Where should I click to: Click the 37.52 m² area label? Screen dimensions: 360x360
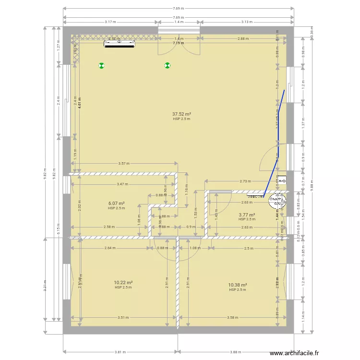(181, 114)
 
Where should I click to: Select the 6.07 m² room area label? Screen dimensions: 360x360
(117, 204)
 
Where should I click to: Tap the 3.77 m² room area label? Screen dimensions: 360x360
(247, 215)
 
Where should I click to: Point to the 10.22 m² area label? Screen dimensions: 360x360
(123, 283)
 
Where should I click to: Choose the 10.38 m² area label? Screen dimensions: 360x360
(237, 285)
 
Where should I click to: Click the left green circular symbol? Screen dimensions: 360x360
(101, 66)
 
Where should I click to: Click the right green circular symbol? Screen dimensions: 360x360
(168, 66)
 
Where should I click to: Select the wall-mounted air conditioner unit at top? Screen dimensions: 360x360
(120, 45)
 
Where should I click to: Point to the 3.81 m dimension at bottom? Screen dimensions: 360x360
(120, 352)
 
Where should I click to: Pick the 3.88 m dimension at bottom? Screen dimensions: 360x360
(235, 352)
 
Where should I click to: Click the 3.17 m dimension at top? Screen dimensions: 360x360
(111, 22)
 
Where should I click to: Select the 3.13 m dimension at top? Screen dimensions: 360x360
(247, 22)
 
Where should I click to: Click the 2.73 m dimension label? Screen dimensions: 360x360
(245, 181)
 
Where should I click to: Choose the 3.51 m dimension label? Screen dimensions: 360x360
(123, 317)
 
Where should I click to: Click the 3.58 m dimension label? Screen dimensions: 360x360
(233, 317)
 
